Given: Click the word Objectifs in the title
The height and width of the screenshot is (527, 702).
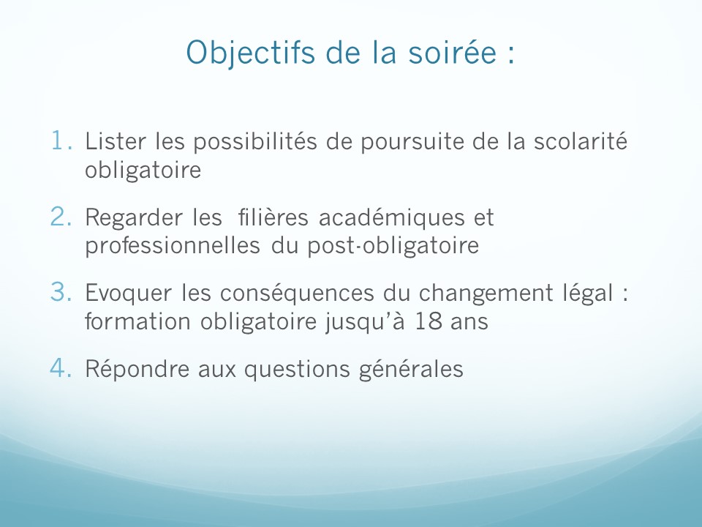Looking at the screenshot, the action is (251, 53).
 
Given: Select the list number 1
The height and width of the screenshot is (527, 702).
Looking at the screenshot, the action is (61, 141).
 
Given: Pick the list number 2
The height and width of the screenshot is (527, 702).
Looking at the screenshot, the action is (61, 217).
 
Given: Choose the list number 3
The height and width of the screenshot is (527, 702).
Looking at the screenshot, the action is (61, 292).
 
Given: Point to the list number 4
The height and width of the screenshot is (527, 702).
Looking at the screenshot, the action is (61, 368).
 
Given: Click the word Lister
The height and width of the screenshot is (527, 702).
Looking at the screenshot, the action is (116, 141).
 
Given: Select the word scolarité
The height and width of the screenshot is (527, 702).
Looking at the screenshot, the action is (580, 141).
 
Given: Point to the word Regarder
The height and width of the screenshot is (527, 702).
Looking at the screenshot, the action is (133, 219).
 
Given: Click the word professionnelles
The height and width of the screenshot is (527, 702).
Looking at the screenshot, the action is (173, 247).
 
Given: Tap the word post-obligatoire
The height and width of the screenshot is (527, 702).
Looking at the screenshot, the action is (393, 247).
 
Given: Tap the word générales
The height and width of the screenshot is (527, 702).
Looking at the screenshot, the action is (411, 370).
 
